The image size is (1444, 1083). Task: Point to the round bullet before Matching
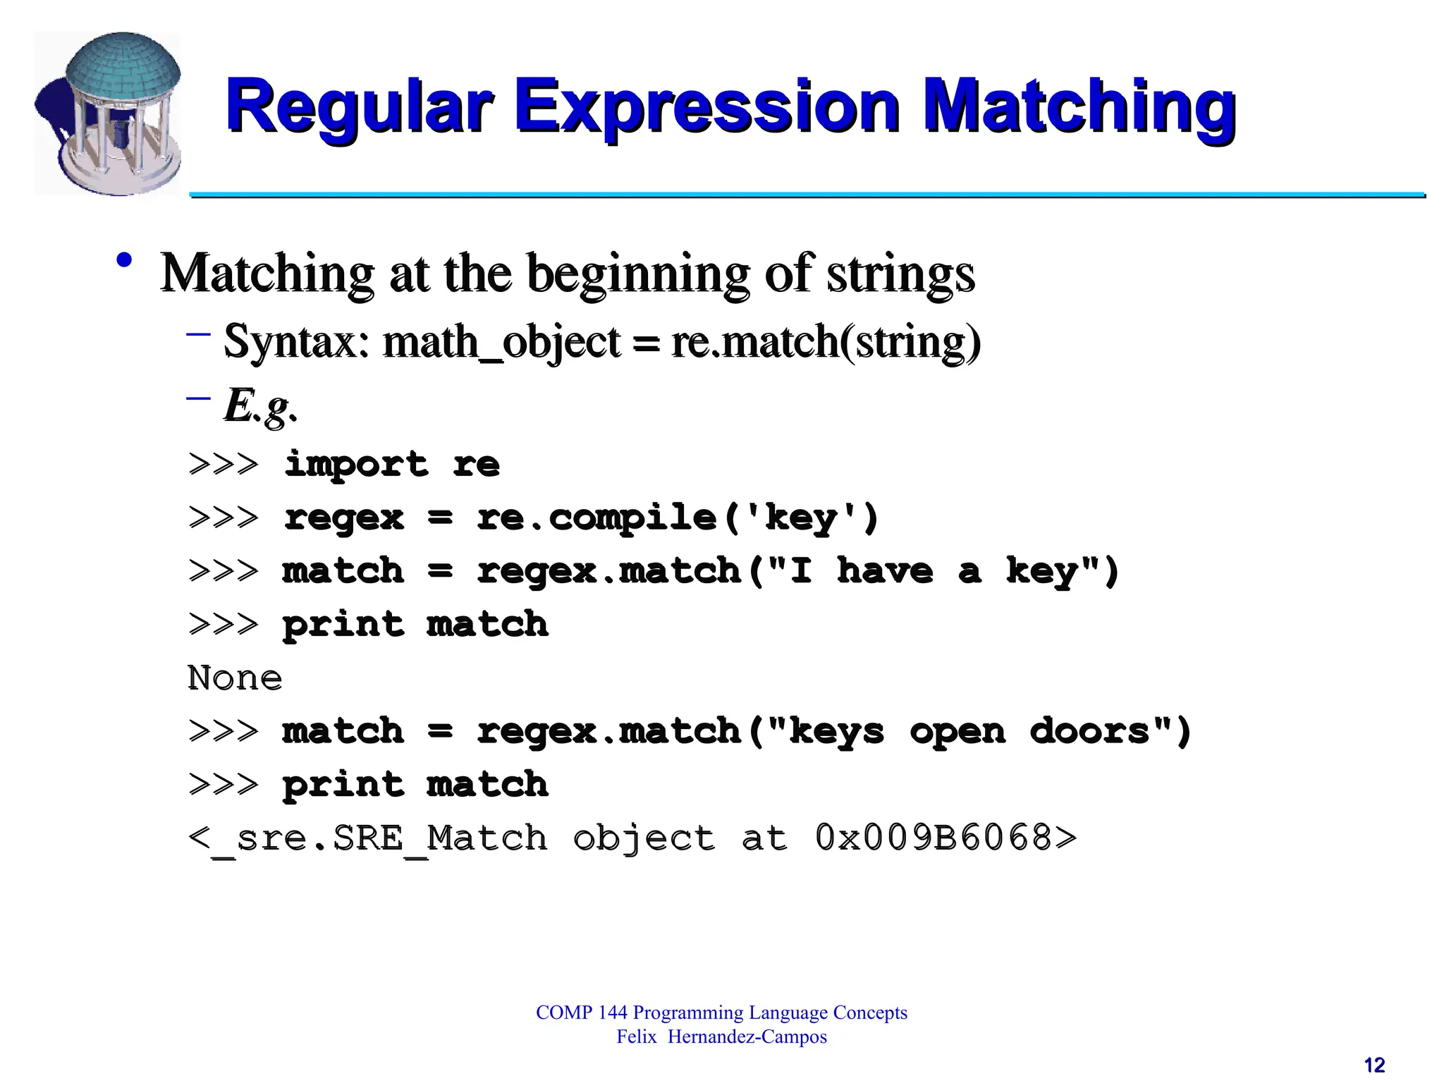(125, 260)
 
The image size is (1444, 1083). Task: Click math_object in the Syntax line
(501, 342)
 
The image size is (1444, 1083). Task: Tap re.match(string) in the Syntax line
(826, 342)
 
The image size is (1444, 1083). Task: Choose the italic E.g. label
(260, 407)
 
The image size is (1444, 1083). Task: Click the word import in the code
(356, 464)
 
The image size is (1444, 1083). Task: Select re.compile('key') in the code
(678, 518)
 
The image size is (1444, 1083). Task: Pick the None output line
(235, 678)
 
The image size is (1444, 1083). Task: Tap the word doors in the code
(1090, 731)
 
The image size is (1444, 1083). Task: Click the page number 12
(1374, 1065)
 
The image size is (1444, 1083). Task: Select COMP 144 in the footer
(581, 1012)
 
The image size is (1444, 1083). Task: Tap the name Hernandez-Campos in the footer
(747, 1037)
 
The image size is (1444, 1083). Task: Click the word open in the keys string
(957, 731)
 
